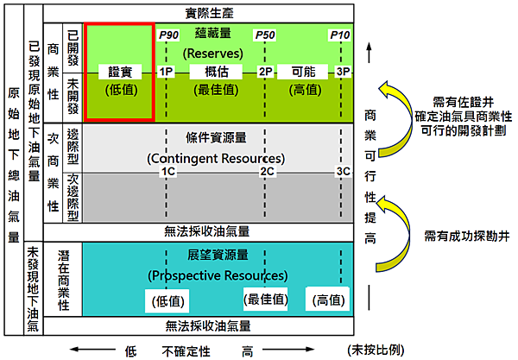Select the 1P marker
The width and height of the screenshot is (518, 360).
pyautogui.click(x=167, y=71)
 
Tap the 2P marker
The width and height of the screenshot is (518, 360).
pyautogui.click(x=265, y=71)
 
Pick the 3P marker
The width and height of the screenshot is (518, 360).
pyautogui.click(x=343, y=71)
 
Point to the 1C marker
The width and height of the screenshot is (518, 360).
pyautogui.click(x=167, y=172)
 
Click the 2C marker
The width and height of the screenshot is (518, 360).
pyautogui.click(x=267, y=172)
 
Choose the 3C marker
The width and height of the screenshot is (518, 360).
pyautogui.click(x=344, y=172)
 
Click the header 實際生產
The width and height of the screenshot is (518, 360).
pyautogui.click(x=215, y=14)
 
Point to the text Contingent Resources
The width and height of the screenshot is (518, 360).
pyautogui.click(x=216, y=159)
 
